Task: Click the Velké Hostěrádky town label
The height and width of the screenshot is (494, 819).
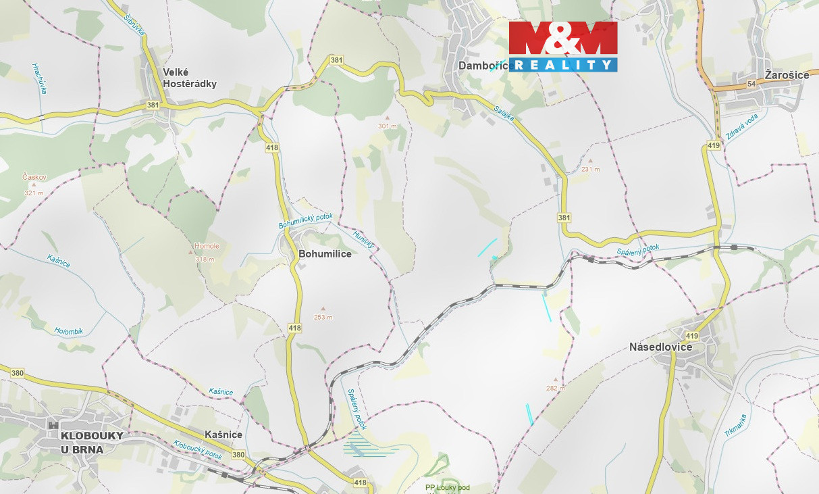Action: [190, 78]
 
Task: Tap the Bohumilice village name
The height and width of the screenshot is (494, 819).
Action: [325, 254]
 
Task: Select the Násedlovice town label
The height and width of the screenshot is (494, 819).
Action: [660, 347]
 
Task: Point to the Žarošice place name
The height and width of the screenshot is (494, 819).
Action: [787, 75]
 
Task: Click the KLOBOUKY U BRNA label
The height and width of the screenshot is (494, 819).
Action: [92, 442]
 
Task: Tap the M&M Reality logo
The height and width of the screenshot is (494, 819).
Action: [563, 46]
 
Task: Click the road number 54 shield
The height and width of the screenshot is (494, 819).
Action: [751, 83]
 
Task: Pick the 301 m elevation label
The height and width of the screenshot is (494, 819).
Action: [388, 126]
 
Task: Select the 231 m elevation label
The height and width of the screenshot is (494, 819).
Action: [590, 170]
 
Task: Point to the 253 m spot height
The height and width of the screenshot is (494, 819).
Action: [323, 317]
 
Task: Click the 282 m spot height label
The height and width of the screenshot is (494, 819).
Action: [556, 388]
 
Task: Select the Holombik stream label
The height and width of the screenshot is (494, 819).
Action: [68, 331]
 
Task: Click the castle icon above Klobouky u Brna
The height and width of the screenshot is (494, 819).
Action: [53, 424]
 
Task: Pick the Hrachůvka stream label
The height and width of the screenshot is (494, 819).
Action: [38, 78]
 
